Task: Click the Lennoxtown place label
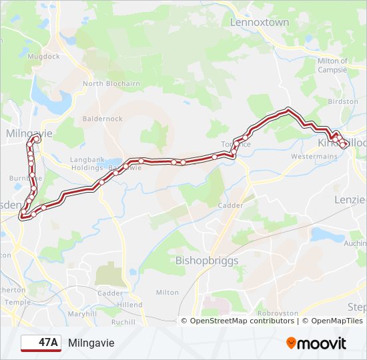pos(260,22)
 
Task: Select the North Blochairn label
pos(111,84)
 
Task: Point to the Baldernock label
pos(102,118)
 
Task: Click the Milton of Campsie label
pos(332,65)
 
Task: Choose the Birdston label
pos(344,101)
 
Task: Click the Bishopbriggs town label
pos(206,260)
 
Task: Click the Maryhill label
pos(82,313)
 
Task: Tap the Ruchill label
pos(123,322)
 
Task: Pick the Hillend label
pos(129,305)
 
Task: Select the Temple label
pos(17,302)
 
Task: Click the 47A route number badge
pos(41,343)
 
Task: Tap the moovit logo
pos(316,343)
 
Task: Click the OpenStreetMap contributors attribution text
pos(242,321)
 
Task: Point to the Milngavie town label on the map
pos(29,133)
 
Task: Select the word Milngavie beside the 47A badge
pos(91,343)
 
